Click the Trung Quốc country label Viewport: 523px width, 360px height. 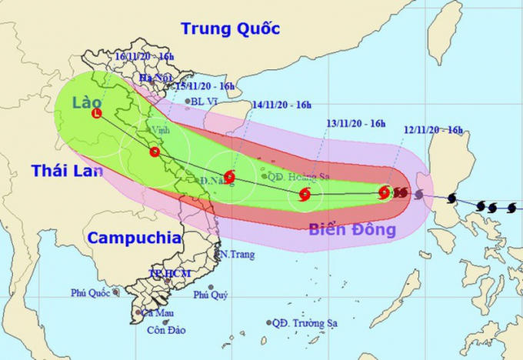(x=230, y=29)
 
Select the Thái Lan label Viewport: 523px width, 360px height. (x=67, y=171)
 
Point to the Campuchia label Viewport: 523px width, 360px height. (x=133, y=238)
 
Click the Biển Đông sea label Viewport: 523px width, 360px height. (x=351, y=229)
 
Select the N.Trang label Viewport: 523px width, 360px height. (x=236, y=254)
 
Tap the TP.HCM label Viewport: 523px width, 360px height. (x=170, y=274)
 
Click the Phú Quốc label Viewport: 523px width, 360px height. (x=90, y=292)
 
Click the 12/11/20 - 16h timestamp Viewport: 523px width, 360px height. (x=433, y=130)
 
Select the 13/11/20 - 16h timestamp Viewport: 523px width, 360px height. (x=355, y=122)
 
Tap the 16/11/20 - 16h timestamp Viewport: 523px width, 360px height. (x=144, y=57)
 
